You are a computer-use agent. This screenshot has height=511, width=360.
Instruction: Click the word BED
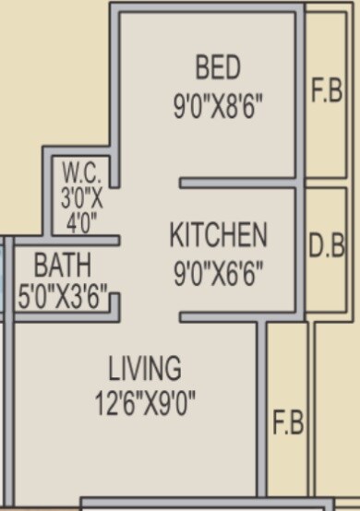point(218,67)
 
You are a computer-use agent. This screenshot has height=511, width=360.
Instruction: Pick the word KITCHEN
point(219,236)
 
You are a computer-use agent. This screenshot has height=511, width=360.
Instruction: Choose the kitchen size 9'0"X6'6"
point(219,274)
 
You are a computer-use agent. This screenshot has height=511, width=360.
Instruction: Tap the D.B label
point(326,246)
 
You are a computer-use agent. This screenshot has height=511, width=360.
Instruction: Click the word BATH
point(63,266)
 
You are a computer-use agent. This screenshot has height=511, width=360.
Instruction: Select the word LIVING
point(145,369)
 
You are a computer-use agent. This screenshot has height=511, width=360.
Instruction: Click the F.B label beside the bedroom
point(326,93)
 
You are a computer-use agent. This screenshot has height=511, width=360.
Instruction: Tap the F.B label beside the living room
point(288,424)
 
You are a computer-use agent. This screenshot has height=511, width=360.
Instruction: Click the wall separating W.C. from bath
point(83,241)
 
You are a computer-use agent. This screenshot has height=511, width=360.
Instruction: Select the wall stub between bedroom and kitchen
point(235,184)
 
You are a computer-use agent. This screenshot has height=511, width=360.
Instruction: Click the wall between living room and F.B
point(262,415)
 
